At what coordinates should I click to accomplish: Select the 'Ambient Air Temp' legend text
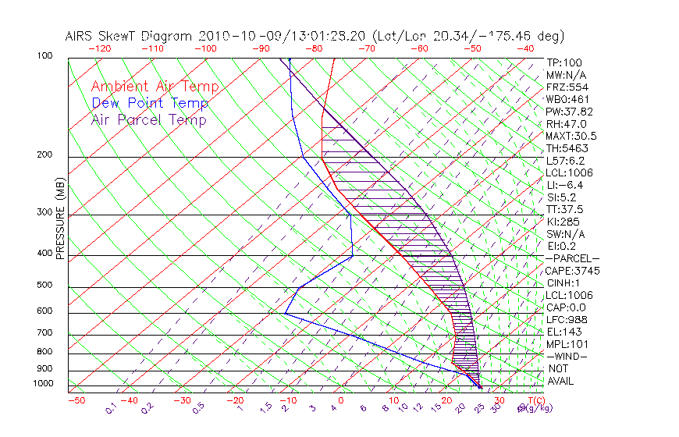click(155, 87)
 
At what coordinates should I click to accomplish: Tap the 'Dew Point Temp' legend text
click(150, 103)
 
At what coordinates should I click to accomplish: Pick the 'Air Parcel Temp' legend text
click(149, 119)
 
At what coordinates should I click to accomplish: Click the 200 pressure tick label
click(44, 155)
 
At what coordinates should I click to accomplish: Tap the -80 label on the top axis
click(314, 48)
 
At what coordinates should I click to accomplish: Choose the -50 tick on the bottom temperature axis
click(76, 401)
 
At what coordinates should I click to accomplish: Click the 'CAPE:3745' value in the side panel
click(571, 271)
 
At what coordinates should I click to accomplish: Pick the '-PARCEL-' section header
click(572, 258)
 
